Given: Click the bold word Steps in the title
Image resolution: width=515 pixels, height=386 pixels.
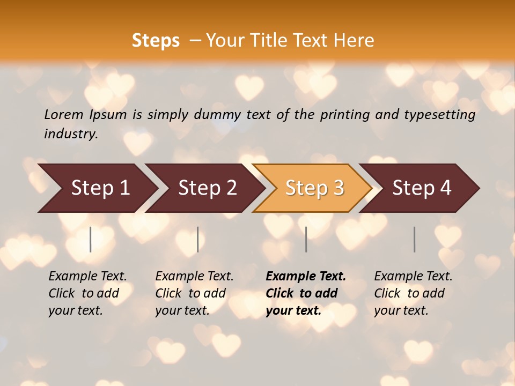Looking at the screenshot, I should (x=156, y=41).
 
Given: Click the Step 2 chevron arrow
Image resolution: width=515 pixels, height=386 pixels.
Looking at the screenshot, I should (x=207, y=188).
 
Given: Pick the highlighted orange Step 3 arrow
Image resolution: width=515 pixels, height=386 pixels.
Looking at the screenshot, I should (x=314, y=188).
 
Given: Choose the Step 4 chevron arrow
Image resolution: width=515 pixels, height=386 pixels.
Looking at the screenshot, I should (x=421, y=188).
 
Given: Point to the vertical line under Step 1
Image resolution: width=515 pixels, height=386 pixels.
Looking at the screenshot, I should (x=91, y=239).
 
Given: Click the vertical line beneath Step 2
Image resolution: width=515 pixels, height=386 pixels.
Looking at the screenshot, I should (x=198, y=239).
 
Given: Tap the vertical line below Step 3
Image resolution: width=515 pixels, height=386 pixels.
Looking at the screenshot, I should (x=306, y=239).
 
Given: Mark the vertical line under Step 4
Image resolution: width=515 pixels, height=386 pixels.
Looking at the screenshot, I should (x=415, y=239).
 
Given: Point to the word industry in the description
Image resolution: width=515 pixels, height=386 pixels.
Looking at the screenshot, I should (x=70, y=134).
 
